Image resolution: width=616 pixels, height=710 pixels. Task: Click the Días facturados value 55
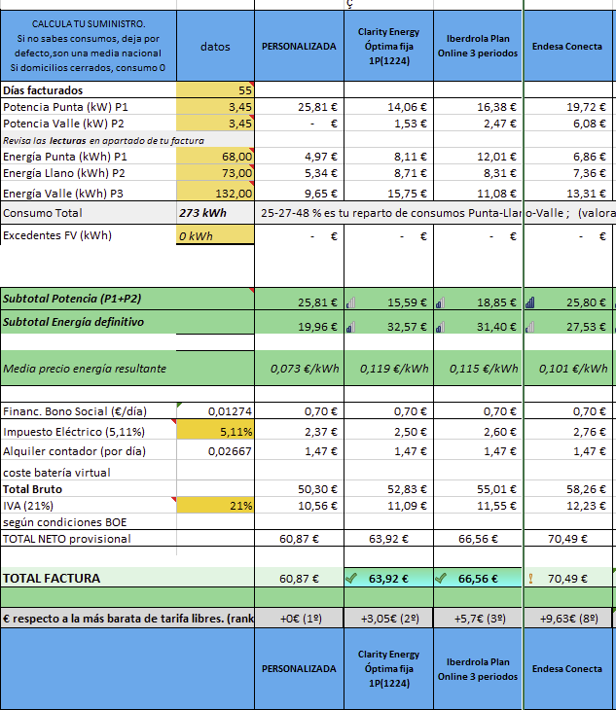[215, 90]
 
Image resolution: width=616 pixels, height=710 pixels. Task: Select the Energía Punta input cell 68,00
[215, 157]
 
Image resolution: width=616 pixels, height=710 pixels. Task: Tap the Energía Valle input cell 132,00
[215, 192]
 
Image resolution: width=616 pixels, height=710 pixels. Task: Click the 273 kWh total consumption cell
[215, 213]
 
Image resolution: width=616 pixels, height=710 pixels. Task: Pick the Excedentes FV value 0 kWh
[215, 235]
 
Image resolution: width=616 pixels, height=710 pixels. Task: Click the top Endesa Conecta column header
[567, 46]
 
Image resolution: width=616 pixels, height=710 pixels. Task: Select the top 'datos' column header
[215, 46]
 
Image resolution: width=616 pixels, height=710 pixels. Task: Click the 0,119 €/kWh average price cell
[388, 369]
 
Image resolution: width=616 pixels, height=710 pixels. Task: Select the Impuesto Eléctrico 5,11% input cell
[215, 431]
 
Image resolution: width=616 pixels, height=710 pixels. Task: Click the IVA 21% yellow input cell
[215, 506]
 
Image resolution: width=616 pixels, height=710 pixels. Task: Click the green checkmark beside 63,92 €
[351, 578]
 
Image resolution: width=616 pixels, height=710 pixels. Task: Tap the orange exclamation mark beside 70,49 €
[530, 579]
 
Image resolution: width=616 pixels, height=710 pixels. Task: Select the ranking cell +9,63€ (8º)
[568, 618]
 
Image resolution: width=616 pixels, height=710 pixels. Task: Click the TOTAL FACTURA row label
[52, 579]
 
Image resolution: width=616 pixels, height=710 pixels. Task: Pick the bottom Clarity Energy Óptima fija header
[388, 668]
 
